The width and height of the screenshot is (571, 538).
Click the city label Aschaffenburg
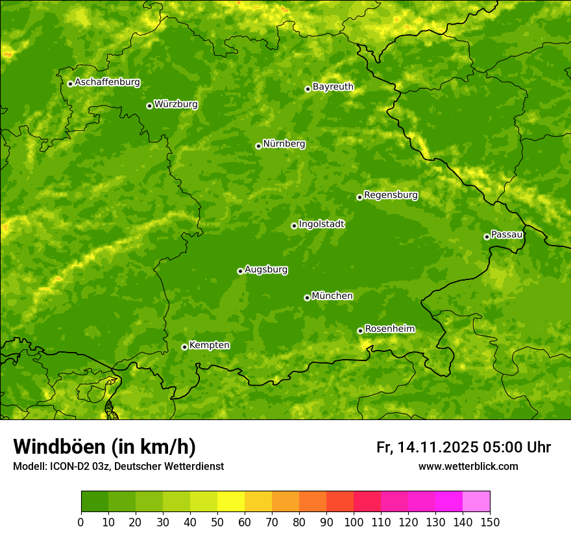(107, 82)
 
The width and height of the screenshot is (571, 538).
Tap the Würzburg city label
(176, 104)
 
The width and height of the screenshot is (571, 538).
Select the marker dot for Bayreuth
(308, 89)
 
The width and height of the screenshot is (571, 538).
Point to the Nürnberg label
(284, 144)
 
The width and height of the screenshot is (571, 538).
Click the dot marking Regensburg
(359, 197)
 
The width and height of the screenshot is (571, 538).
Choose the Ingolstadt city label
(321, 224)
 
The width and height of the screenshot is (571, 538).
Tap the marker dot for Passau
(487, 237)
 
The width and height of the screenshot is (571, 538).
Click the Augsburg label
(266, 270)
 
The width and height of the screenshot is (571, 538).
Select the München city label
(332, 296)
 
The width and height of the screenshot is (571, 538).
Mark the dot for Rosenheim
(360, 331)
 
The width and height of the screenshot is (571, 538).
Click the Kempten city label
(209, 345)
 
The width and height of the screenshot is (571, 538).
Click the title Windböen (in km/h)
(104, 447)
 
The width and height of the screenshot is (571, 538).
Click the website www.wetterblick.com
(468, 467)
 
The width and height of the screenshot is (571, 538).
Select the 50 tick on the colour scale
(217, 522)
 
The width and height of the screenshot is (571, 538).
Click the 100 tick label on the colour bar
(354, 522)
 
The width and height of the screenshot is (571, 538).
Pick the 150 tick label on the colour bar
(490, 522)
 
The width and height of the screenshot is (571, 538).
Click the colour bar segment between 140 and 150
(476, 502)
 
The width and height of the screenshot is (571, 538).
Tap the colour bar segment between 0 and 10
(95, 502)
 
